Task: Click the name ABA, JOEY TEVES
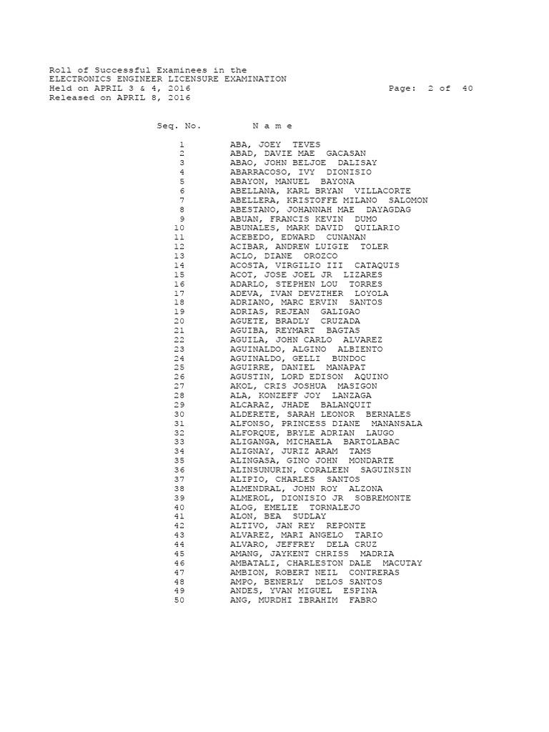click(275, 144)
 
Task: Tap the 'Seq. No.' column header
click(179, 126)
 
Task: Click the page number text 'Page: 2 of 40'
click(431, 89)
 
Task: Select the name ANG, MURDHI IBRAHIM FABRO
click(302, 600)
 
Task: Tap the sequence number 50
click(179, 600)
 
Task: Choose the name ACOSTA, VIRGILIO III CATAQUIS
click(315, 265)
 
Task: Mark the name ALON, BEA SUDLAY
click(278, 516)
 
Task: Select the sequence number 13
click(179, 256)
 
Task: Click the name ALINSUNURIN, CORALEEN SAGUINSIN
click(320, 470)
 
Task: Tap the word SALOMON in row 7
click(408, 200)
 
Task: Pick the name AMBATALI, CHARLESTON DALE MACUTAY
click(326, 563)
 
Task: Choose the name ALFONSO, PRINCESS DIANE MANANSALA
click(326, 423)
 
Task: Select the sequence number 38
click(179, 488)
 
